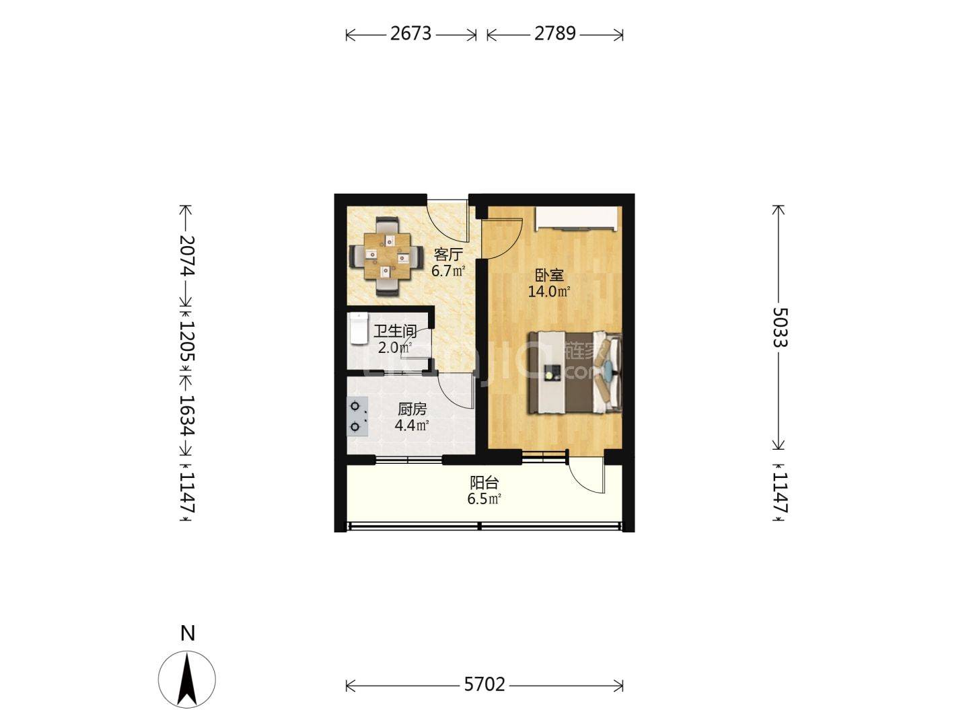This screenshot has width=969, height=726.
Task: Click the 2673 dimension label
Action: click(410, 34)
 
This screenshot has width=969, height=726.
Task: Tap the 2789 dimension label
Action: click(555, 34)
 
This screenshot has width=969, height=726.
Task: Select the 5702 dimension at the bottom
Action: click(485, 684)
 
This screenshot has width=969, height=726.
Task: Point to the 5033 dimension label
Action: click(780, 327)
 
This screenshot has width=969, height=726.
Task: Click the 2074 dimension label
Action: click(187, 255)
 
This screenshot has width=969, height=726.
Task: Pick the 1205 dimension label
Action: click(187, 341)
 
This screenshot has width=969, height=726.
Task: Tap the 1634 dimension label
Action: click(187, 415)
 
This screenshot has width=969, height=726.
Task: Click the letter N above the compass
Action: click(188, 633)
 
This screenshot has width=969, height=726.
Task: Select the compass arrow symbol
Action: click(187, 680)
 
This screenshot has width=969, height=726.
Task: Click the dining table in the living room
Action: click(386, 256)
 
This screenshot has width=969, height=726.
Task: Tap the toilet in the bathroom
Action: click(359, 329)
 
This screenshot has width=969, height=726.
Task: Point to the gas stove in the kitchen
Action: click(357, 417)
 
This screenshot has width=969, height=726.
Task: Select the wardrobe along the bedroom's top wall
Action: click(576, 218)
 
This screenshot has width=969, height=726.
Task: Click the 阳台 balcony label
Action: click(484, 483)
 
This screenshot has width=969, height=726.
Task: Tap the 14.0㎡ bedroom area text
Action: click(550, 292)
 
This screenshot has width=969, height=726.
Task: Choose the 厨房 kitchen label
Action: click(412, 409)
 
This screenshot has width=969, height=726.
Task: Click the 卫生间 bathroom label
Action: click(395, 331)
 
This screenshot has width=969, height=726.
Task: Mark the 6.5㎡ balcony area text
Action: click(484, 499)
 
